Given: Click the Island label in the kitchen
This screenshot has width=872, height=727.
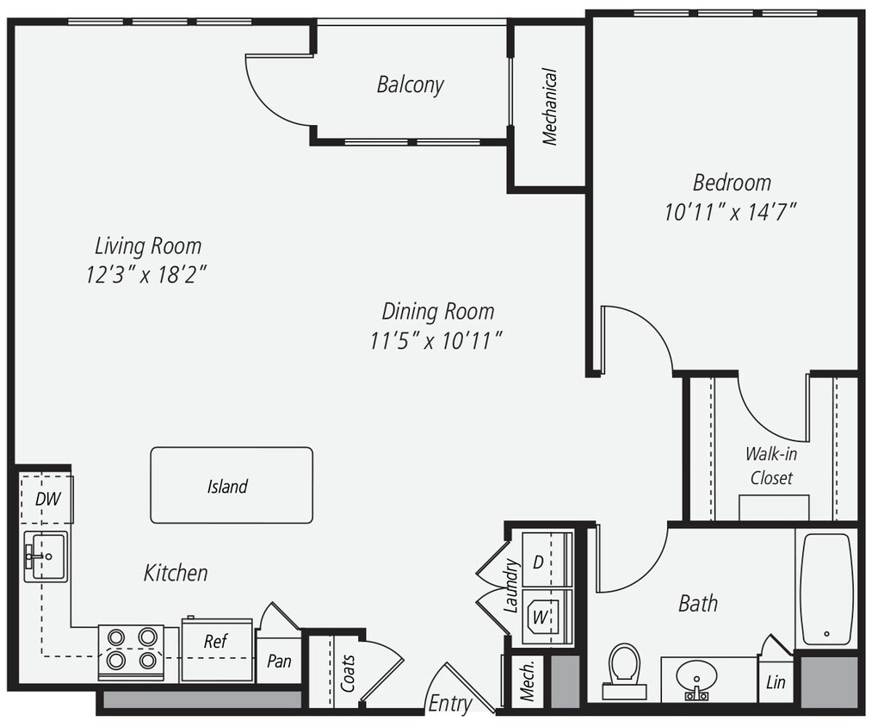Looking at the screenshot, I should [227, 487].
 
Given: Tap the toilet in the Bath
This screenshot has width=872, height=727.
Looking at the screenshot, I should [623, 668].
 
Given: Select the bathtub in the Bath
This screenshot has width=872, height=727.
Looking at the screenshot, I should [826, 589].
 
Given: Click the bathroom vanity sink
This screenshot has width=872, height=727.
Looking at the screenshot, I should [696, 680].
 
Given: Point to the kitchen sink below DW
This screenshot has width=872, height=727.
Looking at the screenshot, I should [46, 556].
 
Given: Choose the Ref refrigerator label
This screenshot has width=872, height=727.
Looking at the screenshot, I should [215, 642].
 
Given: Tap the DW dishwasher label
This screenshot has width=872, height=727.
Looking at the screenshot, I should [45, 499].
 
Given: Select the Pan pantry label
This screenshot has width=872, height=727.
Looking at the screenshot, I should [279, 662].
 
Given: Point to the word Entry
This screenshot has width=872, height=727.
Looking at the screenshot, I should [450, 704].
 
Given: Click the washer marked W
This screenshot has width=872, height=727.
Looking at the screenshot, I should [540, 616].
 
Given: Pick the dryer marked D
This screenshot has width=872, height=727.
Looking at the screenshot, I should [539, 562].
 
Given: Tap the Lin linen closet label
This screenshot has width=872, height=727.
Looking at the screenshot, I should [776, 682].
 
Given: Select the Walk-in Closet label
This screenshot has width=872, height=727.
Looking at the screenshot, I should [770, 465].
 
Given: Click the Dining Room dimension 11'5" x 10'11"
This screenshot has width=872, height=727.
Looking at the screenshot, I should [436, 340].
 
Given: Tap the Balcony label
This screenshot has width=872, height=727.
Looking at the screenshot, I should [411, 84].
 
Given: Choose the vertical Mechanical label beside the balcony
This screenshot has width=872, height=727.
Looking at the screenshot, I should [549, 107].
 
